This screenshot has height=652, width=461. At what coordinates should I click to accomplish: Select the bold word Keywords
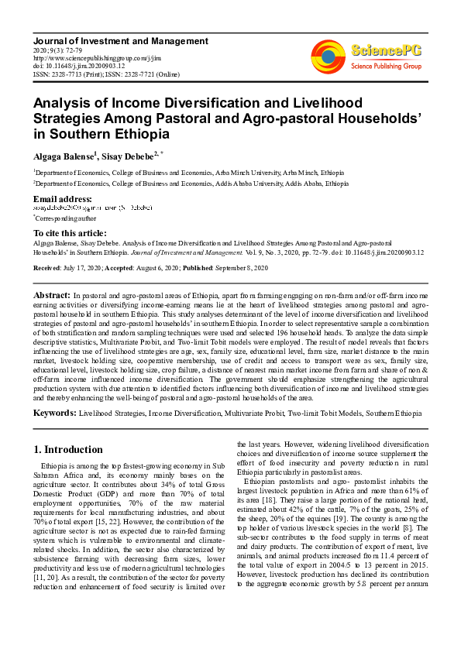click(54, 414)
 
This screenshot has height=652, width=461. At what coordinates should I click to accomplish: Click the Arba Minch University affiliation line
click(189, 173)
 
